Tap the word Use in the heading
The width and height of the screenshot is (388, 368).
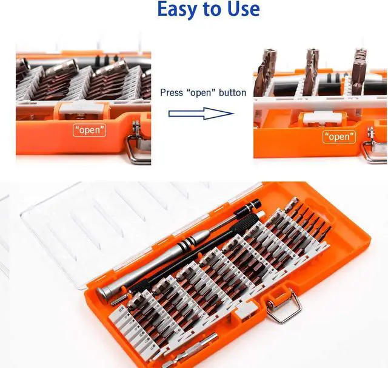[x=244, y=9]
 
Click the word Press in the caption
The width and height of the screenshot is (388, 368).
[x=171, y=93]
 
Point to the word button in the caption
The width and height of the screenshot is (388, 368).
[x=233, y=93]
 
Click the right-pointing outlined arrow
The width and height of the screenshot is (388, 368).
[x=201, y=114]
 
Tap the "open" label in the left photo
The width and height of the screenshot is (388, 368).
[x=90, y=131]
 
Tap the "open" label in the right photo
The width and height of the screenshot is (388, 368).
[x=339, y=137]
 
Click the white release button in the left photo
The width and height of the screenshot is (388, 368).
[x=82, y=109]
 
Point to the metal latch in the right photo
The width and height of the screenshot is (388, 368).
[x=375, y=146]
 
